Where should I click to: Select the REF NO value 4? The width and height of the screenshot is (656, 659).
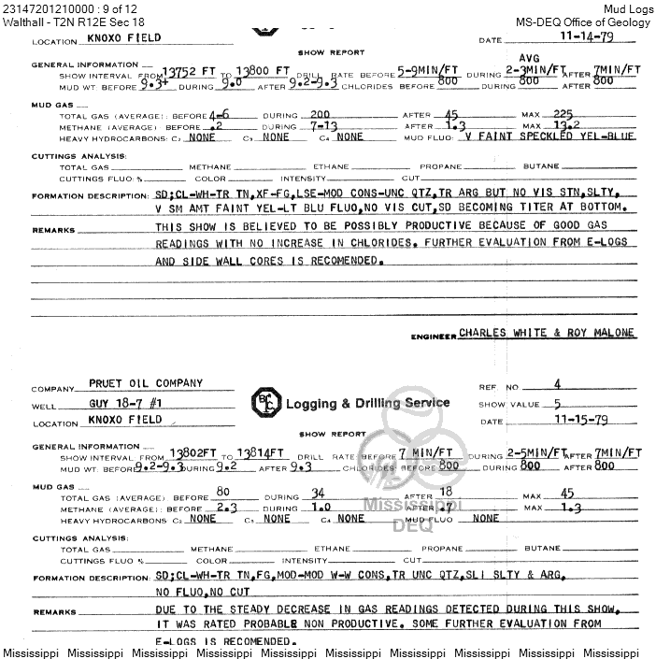click(x=557, y=384)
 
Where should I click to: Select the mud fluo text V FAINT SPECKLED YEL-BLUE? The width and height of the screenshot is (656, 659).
click(x=549, y=136)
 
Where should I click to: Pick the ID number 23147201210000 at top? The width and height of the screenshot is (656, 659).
click(x=43, y=7)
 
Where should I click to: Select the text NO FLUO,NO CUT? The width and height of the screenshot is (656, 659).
click(x=203, y=593)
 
